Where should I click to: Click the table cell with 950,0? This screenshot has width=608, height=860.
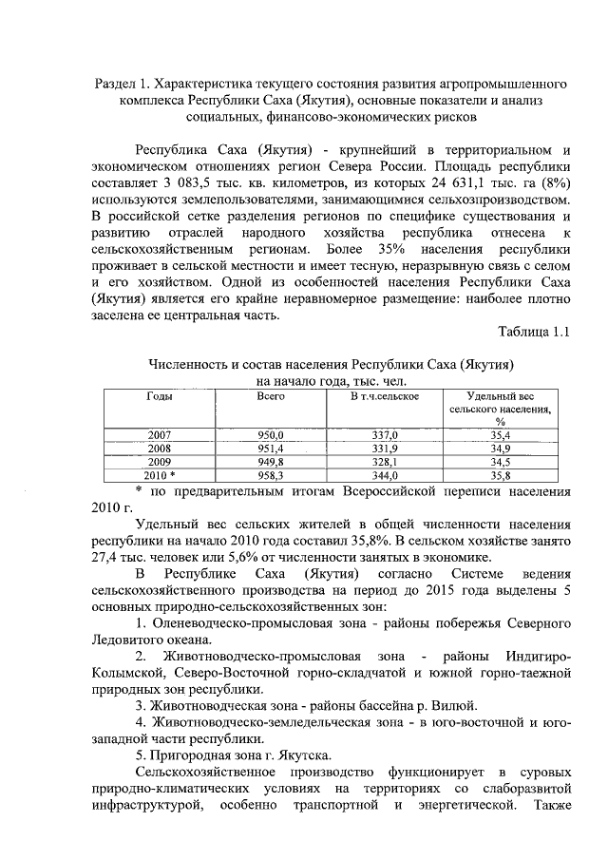(x=271, y=434)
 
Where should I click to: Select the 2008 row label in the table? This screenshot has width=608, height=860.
(x=160, y=448)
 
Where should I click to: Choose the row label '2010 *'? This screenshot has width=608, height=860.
(x=160, y=475)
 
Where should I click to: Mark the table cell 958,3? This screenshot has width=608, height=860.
(x=271, y=475)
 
